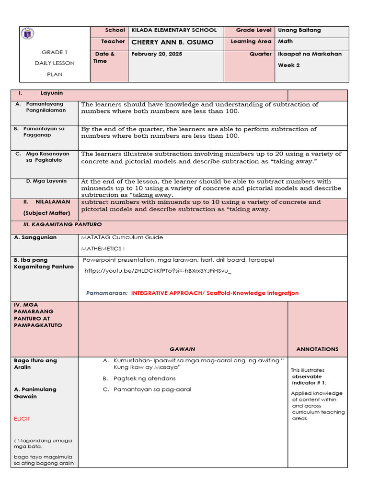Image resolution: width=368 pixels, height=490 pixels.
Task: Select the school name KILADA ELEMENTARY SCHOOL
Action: click(174, 30)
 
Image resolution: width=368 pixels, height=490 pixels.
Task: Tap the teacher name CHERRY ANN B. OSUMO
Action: click(172, 43)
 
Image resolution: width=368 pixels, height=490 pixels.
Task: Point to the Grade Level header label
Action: click(253, 30)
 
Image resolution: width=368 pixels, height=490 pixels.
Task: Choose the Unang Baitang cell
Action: click(299, 30)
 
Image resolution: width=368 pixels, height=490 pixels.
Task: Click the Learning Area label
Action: click(251, 42)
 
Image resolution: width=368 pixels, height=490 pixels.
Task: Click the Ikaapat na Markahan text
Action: click(310, 54)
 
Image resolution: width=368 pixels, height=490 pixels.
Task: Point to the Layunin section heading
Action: click(54, 93)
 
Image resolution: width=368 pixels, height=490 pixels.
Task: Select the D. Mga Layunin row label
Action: click(46, 181)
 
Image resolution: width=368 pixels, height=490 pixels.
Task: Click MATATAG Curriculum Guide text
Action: click(122, 237)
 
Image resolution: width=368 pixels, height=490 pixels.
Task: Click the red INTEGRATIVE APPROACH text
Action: click(215, 293)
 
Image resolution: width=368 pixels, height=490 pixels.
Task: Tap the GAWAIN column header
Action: click(182, 349)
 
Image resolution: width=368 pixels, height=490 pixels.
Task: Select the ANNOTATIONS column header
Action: click(317, 349)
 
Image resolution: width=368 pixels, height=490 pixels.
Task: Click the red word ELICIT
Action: click(22, 419)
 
